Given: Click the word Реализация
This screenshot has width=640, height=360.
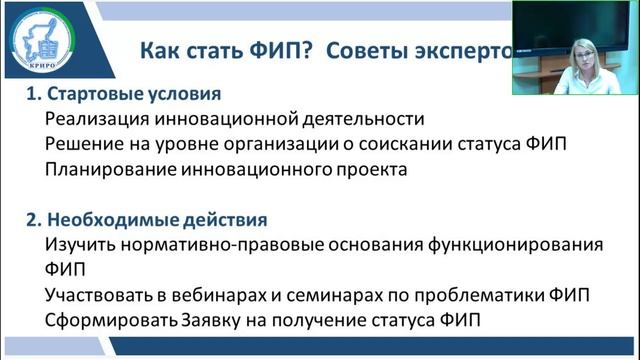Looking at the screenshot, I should tap(92, 119).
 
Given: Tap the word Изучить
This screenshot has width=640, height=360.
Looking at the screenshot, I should tap(76, 244).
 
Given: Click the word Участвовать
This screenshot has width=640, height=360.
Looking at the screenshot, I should tap(96, 295).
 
